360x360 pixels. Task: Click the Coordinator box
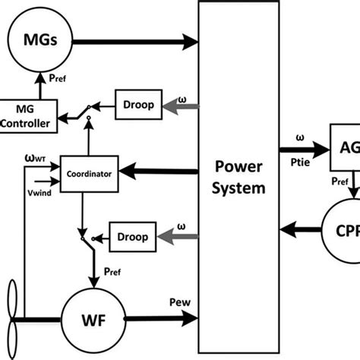[88, 173]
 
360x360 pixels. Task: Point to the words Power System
[239, 176]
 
